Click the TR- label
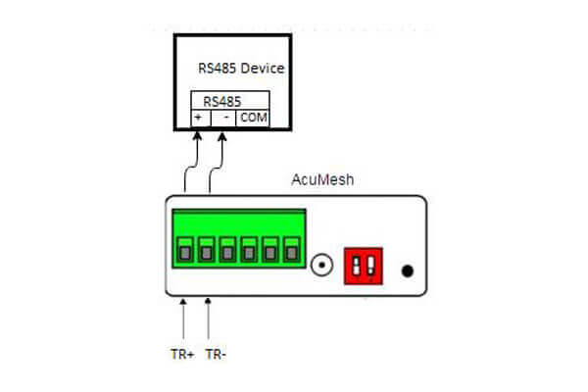click(x=216, y=355)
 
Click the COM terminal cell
click(x=253, y=117)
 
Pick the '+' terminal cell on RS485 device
click(x=199, y=117)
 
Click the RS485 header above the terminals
click(x=222, y=101)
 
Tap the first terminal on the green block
click(x=184, y=252)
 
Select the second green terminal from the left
click(x=206, y=252)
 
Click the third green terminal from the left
click(x=227, y=252)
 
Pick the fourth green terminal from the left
click(x=249, y=252)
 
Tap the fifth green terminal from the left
click(x=270, y=252)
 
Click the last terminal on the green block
click(x=292, y=252)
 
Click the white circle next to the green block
click(x=320, y=264)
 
